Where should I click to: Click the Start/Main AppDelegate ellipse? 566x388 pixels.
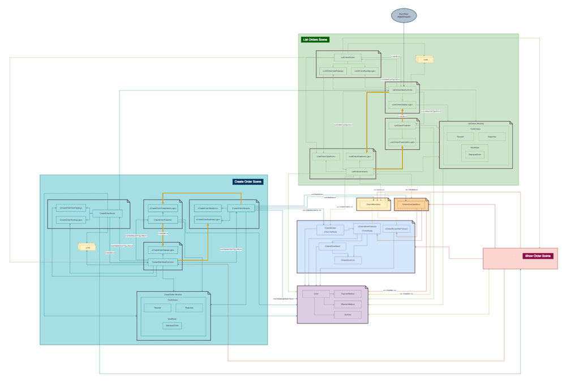404,15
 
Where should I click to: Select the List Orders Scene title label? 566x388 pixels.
315,40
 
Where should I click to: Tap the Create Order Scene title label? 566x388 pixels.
248,182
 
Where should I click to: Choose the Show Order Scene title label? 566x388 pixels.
538,256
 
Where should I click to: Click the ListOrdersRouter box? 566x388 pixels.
348,58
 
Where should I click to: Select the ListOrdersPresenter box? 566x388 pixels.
402,126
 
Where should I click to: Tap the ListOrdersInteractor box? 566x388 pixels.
360,170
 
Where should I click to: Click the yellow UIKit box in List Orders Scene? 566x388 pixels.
424,59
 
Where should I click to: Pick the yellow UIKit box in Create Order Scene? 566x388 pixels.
87,248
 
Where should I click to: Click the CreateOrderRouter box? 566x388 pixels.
108,214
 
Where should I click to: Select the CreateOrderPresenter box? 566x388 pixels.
163,219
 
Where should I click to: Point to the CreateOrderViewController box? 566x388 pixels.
163,262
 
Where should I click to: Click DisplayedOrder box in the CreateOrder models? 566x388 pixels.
172,326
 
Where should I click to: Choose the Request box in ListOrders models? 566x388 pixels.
460,137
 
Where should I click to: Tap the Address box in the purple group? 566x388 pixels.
348,314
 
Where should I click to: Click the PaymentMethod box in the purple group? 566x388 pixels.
348,294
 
